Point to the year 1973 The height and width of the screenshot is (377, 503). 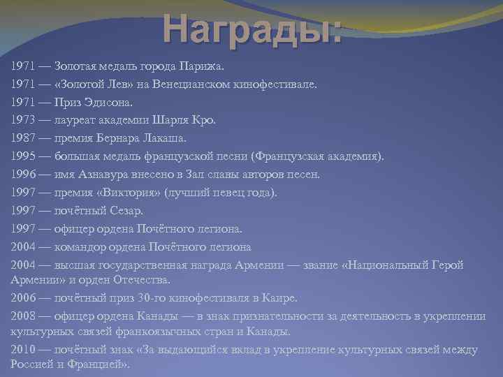(24, 120)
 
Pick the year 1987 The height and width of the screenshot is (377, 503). (24, 138)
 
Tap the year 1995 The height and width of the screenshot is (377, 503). (24, 156)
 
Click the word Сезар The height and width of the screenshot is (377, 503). (127, 210)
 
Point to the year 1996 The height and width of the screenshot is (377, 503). (24, 175)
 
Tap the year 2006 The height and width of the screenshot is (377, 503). (24, 298)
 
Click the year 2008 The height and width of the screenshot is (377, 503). (24, 316)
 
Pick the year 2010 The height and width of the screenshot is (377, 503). (24, 348)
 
